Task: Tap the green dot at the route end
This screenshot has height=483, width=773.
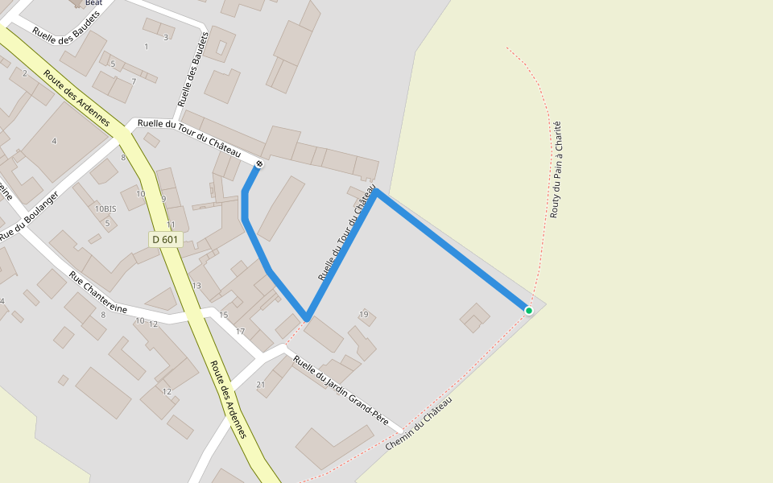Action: [529, 311]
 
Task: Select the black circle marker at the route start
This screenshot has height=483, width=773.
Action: [258, 164]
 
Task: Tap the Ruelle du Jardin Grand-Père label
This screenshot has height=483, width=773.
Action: [341, 390]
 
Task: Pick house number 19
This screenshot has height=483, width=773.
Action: [364, 314]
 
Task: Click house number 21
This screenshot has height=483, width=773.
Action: [260, 385]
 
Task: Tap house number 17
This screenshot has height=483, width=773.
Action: [240, 332]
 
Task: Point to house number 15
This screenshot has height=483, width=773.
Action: [224, 315]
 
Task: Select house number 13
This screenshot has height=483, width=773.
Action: [196, 286]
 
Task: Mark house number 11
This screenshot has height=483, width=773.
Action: [171, 225]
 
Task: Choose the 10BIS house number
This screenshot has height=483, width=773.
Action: [105, 208]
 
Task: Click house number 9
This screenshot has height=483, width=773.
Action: [163, 199]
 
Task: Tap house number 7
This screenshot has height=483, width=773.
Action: [134, 81]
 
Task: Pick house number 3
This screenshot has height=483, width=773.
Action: [166, 37]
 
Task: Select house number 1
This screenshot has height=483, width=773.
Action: [146, 47]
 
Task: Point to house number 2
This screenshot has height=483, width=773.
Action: [25, 73]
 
